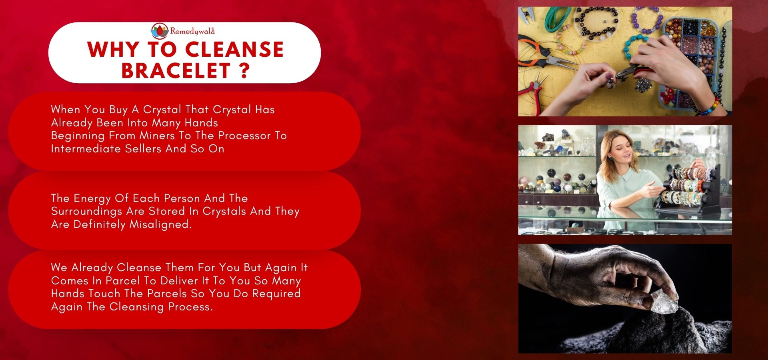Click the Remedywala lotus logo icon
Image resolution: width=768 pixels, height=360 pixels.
pyautogui.click(x=160, y=31)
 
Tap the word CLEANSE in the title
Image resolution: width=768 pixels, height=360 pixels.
pyautogui.click(x=234, y=50)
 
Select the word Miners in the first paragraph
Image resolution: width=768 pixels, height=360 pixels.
pyautogui.click(x=157, y=136)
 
